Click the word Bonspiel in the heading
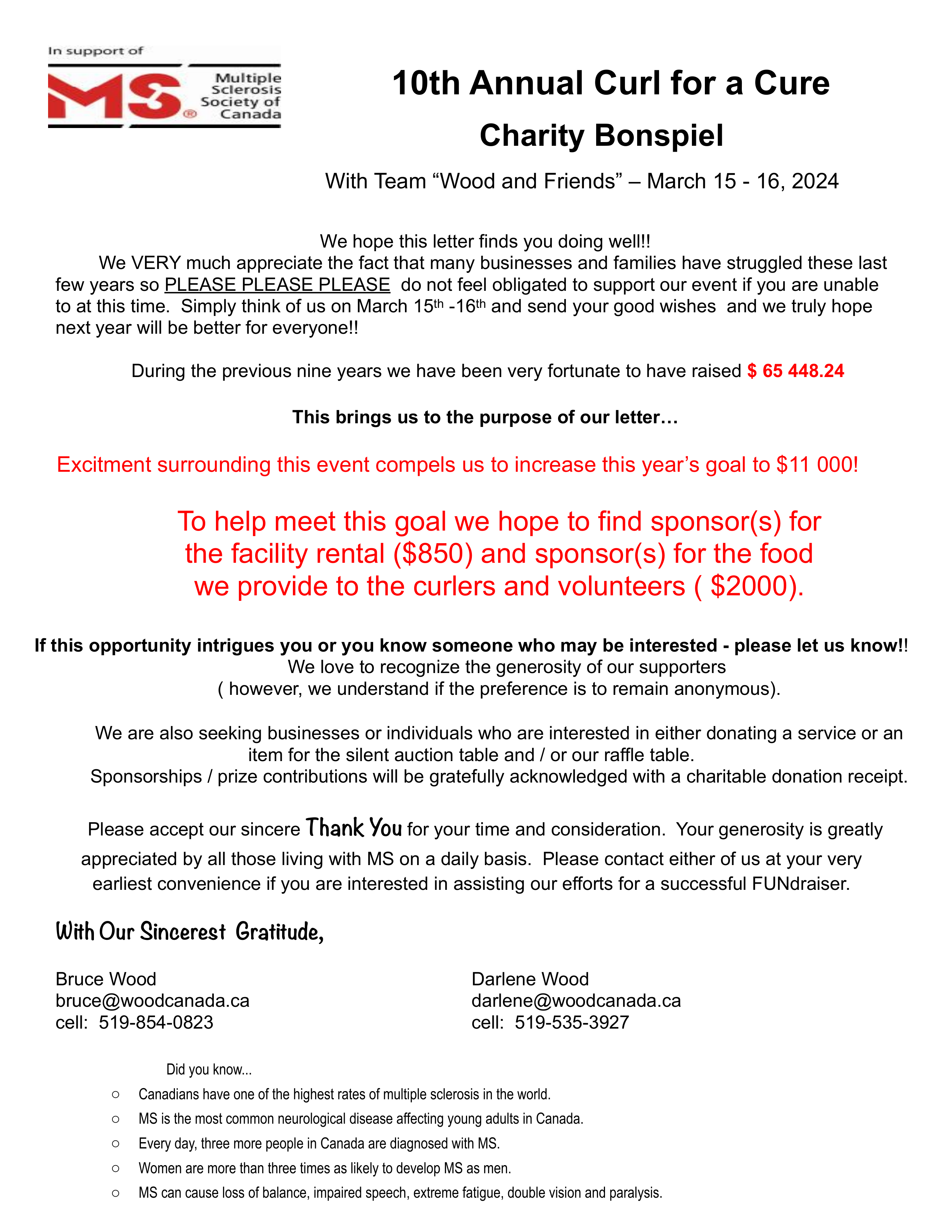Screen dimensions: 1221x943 pyautogui.click(x=659, y=136)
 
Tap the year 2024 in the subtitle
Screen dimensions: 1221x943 pyautogui.click(x=815, y=182)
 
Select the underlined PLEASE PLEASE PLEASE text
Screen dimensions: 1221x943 pyautogui.click(x=277, y=285)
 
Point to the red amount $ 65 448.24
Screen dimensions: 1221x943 pyautogui.click(x=795, y=371)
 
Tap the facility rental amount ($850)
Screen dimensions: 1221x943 pyautogui.click(x=433, y=554)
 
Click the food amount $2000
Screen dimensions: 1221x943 pyautogui.click(x=748, y=586)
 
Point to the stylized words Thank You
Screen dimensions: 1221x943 pyautogui.click(x=354, y=828)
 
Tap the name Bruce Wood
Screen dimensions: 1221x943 pyautogui.click(x=106, y=979)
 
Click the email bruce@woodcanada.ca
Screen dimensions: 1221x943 pyautogui.click(x=152, y=1001)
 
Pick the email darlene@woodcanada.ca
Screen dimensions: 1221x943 pyautogui.click(x=576, y=1001)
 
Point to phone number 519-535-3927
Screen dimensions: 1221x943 pyautogui.click(x=572, y=1023)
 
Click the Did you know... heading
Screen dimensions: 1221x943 pyautogui.click(x=209, y=1070)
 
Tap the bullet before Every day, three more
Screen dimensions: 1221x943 pyautogui.click(x=116, y=1144)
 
